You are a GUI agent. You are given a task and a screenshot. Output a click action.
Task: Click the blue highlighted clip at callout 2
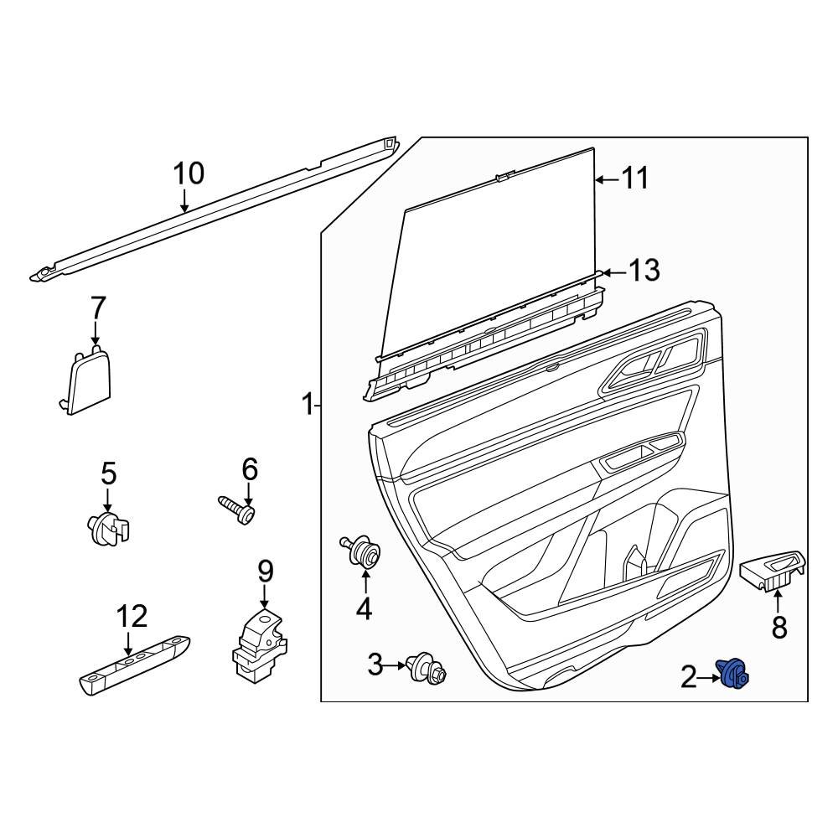733,673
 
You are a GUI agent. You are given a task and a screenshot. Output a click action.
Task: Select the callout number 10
189,173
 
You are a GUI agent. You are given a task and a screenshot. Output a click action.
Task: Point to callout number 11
634,178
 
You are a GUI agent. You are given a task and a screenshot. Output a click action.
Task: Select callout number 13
644,271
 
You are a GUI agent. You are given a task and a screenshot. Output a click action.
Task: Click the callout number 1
308,406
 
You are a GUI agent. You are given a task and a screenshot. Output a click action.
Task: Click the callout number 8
779,627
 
